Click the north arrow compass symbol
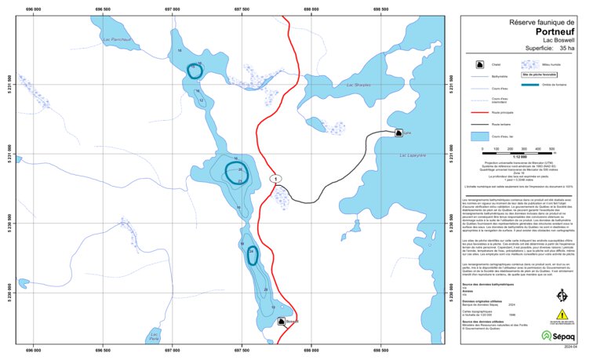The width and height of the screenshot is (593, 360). (x=561, y=296)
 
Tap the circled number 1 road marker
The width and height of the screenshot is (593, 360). (x=275, y=179)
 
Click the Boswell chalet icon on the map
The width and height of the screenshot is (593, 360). (x=281, y=322)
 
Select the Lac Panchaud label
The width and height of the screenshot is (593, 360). (x=116, y=37)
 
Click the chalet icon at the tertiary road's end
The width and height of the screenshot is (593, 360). (x=400, y=133)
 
